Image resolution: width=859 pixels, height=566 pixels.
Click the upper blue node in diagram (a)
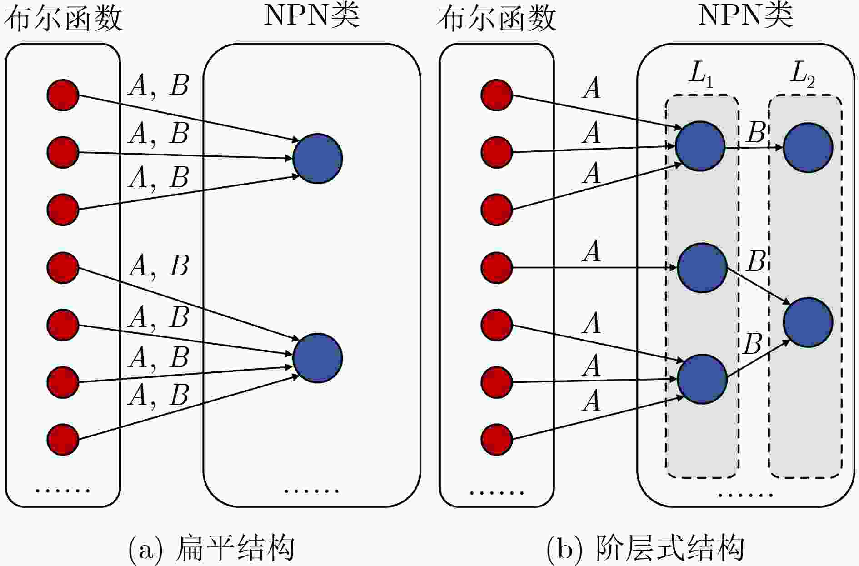click(x=317, y=159)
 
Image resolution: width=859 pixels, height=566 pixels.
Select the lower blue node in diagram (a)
click(x=317, y=358)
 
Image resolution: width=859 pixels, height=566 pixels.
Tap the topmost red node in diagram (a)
click(x=63, y=95)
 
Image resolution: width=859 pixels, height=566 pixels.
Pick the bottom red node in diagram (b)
click(x=497, y=439)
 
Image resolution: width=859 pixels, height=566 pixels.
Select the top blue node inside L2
click(x=808, y=147)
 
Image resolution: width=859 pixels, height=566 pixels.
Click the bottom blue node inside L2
click(x=808, y=322)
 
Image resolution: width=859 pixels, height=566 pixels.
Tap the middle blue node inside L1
click(x=702, y=268)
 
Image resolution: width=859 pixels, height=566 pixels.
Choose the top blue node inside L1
click(x=700, y=146)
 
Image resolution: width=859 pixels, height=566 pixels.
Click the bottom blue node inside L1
click(x=702, y=379)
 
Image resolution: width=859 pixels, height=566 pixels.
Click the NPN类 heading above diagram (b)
click(x=745, y=16)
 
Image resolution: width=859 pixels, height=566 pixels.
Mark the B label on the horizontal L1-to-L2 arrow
click(x=756, y=133)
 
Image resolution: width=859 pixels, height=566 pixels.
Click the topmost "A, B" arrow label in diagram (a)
click(x=159, y=85)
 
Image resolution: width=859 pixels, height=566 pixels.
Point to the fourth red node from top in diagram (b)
click(x=497, y=268)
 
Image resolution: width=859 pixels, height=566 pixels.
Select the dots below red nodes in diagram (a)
click(x=63, y=491)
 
